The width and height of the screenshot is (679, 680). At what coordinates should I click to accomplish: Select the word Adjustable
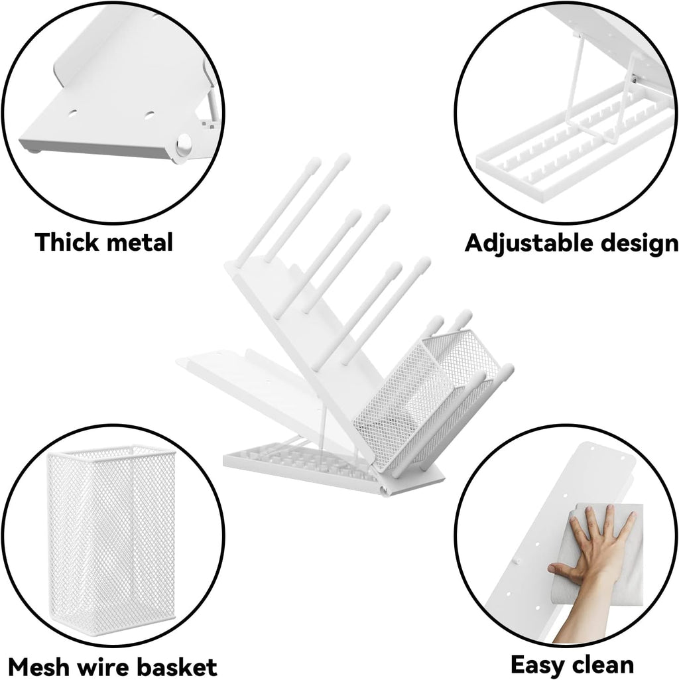(529, 243)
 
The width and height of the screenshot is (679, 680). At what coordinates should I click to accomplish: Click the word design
(639, 243)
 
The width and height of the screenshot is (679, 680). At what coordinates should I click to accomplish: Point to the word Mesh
(40, 666)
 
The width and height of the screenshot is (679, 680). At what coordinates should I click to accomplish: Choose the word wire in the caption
(103, 666)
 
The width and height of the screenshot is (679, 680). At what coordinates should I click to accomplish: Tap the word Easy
(538, 664)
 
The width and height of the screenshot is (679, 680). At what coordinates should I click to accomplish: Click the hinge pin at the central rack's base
(383, 490)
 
